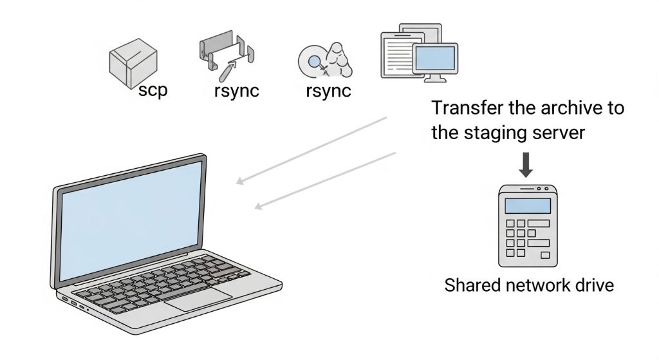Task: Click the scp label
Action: [x=153, y=90]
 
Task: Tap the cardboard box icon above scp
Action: [x=132, y=63]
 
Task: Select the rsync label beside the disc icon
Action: [x=328, y=90]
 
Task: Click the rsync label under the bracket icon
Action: [x=236, y=90]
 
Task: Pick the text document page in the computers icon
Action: [x=396, y=55]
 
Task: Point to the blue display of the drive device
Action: [x=528, y=206]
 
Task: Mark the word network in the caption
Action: [x=536, y=285]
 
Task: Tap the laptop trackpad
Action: [x=198, y=298]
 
